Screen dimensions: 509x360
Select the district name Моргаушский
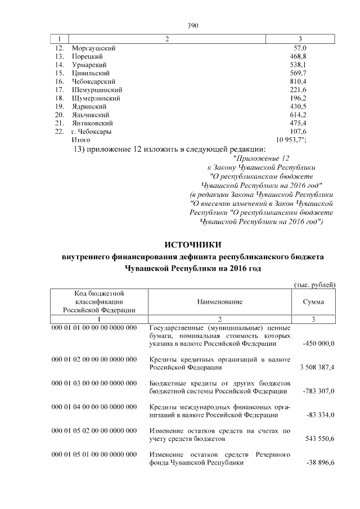click(93, 48)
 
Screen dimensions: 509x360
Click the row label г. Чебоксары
click(91, 131)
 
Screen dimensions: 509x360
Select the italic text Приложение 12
click(264, 159)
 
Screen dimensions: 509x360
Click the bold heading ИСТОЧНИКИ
click(193, 245)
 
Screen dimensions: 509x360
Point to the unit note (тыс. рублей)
click(315, 285)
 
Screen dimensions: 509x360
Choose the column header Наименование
click(219, 302)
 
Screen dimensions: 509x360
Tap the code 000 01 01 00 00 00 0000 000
click(94, 328)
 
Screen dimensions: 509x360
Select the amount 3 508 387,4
click(313, 367)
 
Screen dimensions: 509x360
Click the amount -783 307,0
click(315, 391)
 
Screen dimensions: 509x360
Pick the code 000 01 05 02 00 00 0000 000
click(94, 431)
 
